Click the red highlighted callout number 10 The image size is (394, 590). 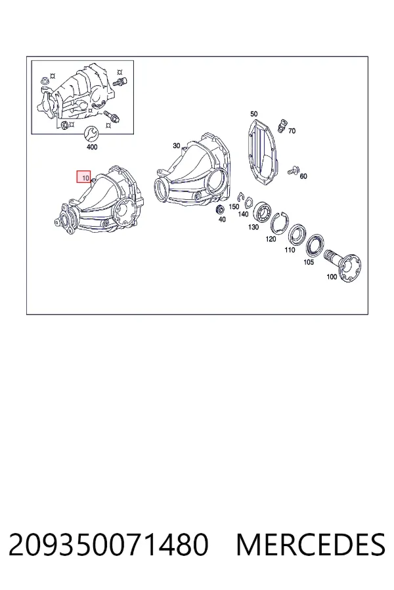point(83,177)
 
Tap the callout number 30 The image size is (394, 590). point(177,146)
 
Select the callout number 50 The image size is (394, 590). point(253,113)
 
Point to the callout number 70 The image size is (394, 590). point(292,131)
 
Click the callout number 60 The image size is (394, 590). point(303,176)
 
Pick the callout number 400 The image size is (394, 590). point(92,147)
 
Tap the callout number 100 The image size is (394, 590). point(332,277)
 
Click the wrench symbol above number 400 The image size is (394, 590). point(91,133)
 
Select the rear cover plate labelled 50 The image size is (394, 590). point(263,151)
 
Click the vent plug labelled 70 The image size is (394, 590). point(282,125)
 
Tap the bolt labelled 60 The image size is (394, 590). point(293,171)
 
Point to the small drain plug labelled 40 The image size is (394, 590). point(219,210)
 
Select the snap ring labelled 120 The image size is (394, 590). point(279,222)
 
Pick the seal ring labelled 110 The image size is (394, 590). point(297,235)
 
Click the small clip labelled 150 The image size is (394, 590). point(240,197)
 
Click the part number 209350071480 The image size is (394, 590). point(108,545)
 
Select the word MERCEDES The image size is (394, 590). point(311,545)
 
